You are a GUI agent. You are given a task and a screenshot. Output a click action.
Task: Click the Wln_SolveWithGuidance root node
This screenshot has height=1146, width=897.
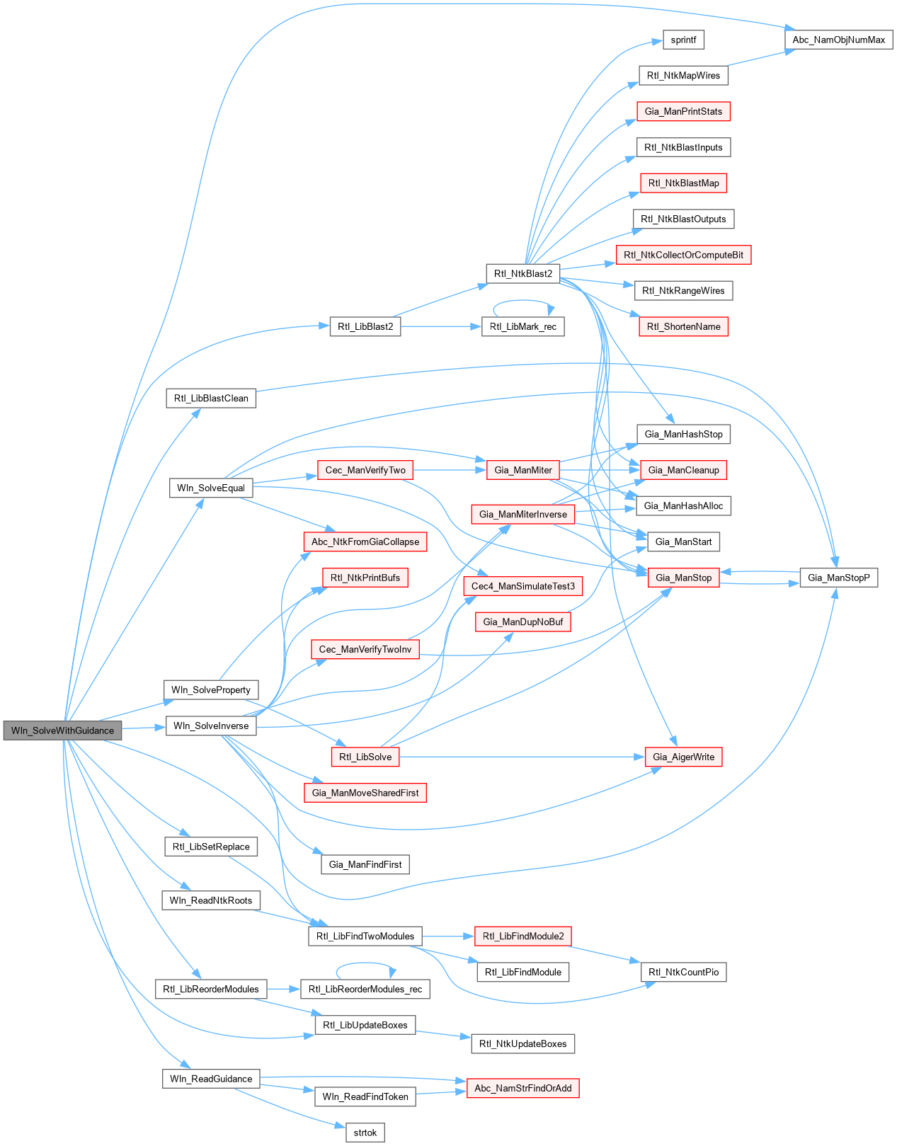point(62,730)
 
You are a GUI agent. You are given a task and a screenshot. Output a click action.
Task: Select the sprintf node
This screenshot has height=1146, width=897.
point(683,40)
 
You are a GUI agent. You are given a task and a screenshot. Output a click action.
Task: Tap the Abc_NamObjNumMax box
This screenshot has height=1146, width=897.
point(838,40)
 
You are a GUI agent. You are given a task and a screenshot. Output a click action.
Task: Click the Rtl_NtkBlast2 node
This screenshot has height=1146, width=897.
point(523,273)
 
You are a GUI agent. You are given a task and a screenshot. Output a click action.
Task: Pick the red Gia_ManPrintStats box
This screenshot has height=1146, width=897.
point(683,111)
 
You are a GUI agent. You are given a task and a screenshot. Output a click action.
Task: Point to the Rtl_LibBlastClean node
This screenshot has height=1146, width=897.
point(211,398)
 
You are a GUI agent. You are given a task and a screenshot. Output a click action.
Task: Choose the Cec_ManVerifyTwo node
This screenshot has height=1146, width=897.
point(365,470)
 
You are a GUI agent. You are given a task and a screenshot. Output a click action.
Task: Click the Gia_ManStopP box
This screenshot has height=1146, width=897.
point(838,578)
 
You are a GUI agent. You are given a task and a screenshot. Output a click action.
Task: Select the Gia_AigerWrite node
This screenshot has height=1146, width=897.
point(683,757)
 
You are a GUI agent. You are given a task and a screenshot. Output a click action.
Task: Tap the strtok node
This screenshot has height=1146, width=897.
point(365,1133)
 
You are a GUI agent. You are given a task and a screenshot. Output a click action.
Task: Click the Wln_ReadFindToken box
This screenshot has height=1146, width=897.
point(365,1096)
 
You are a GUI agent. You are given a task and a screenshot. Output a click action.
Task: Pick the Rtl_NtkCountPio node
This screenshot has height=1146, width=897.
point(683,972)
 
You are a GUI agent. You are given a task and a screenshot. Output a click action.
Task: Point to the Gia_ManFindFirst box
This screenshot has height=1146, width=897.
point(365,864)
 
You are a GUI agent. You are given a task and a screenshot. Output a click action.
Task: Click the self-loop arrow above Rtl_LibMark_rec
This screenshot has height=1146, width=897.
point(523,301)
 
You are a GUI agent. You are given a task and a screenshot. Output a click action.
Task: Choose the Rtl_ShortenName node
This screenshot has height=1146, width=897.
point(683,326)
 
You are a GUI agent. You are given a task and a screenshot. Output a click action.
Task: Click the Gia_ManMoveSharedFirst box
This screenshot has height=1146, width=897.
point(365,793)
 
